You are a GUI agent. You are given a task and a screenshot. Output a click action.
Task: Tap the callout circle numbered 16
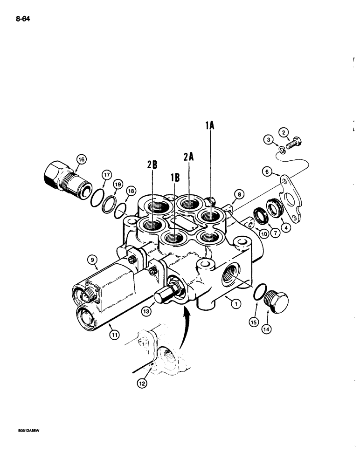click(x=82, y=160)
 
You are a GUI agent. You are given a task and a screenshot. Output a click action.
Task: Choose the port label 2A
click(x=188, y=158)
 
